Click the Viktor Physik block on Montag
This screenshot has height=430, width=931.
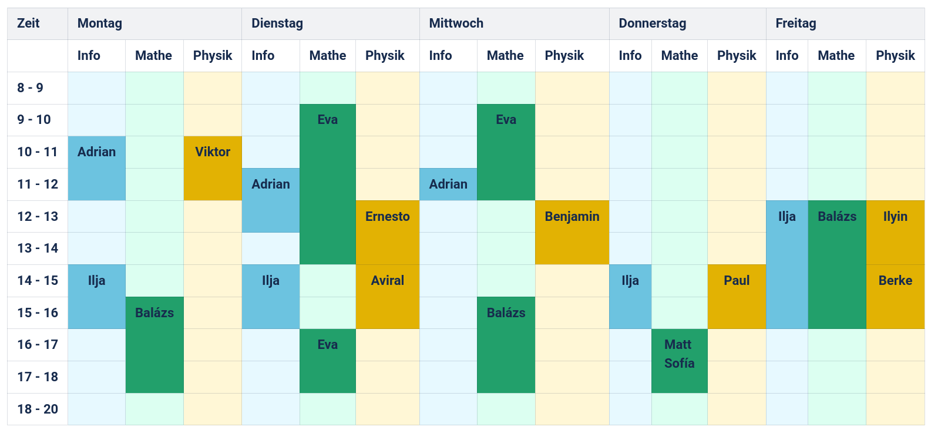(213, 168)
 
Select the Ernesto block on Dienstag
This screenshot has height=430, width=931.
(387, 232)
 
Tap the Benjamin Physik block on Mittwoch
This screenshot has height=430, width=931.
(572, 232)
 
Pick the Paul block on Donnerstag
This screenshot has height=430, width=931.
(737, 296)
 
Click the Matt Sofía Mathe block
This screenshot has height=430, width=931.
(679, 360)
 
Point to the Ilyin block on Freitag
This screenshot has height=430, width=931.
(895, 232)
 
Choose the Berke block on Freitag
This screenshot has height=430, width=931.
(895, 296)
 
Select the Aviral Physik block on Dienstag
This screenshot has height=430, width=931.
(387, 296)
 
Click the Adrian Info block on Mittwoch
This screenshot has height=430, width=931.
(448, 184)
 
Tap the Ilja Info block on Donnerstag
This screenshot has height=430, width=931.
(630, 296)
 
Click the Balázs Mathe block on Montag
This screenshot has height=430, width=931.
(154, 344)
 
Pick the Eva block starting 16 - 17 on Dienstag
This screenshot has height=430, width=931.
(327, 360)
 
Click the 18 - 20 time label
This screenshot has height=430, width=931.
(37, 409)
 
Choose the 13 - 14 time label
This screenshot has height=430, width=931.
(37, 248)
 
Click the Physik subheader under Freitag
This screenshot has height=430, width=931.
(895, 56)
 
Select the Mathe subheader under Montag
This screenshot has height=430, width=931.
(154, 56)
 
